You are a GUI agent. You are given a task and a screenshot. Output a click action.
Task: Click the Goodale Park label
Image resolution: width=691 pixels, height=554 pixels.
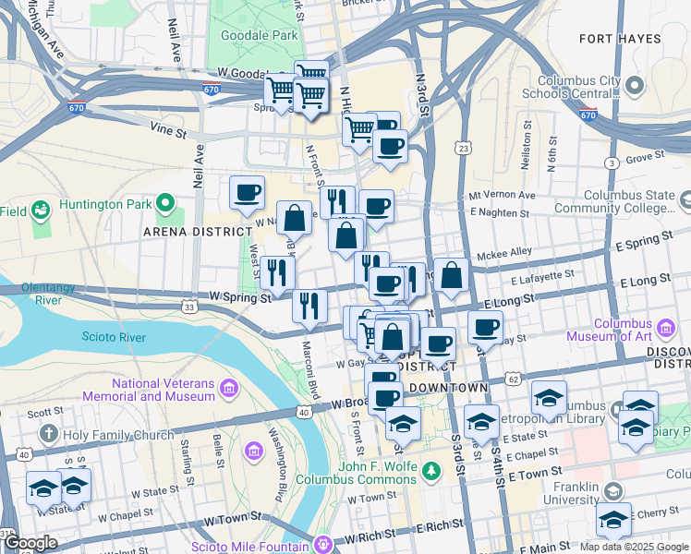tap(259, 35)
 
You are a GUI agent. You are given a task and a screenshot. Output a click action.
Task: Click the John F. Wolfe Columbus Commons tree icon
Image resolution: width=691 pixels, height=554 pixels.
tap(430, 473)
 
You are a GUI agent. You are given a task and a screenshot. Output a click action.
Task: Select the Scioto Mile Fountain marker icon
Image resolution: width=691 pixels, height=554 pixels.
tap(321, 544)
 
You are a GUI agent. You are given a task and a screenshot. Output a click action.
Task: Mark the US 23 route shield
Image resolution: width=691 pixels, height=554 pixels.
tap(464, 148)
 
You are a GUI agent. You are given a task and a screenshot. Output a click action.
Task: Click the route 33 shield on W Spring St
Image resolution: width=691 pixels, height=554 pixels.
tap(188, 307)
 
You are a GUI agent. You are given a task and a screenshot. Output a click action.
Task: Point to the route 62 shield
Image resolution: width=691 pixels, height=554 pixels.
tap(514, 379)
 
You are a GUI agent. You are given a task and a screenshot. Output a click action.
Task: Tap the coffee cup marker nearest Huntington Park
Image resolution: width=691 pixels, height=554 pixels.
tap(247, 193)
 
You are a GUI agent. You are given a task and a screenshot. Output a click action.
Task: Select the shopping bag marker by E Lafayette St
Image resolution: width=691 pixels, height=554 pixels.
tap(451, 275)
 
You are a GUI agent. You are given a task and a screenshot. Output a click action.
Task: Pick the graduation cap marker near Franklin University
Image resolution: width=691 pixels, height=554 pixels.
tap(613, 520)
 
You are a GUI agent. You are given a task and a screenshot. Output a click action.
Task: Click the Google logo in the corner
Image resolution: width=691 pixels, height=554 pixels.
tap(30, 542)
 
